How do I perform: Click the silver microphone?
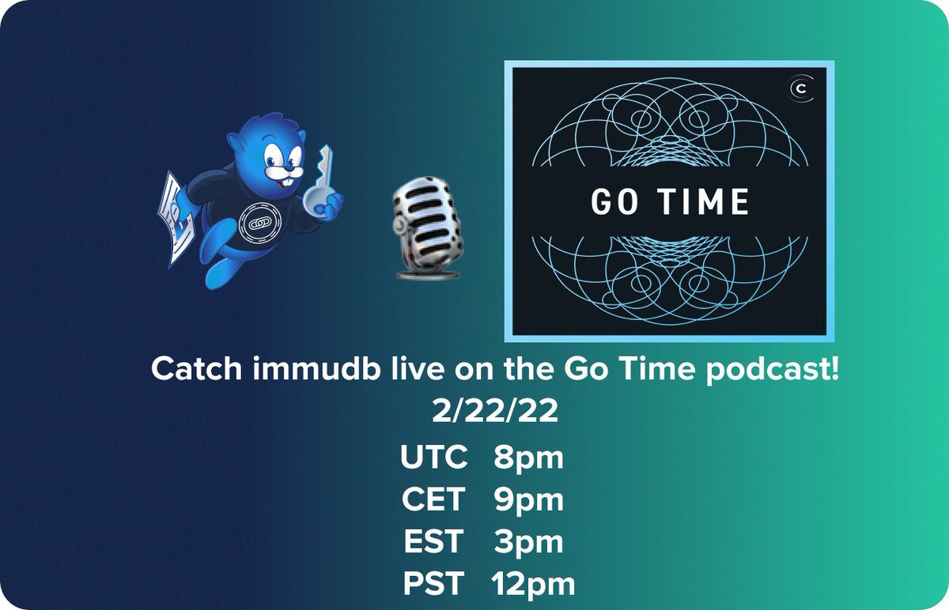pyautogui.click(x=427, y=228)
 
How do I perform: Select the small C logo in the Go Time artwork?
pyautogui.click(x=800, y=89)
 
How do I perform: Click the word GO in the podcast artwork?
pyautogui.click(x=614, y=201)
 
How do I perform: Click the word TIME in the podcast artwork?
pyautogui.click(x=703, y=201)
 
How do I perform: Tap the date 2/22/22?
pyautogui.click(x=495, y=411)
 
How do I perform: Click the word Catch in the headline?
pyautogui.click(x=197, y=368)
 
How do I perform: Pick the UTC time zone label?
pyautogui.click(x=434, y=457)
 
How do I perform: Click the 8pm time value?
pyautogui.click(x=529, y=459)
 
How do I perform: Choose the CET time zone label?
pyautogui.click(x=433, y=499)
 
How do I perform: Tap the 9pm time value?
pyautogui.click(x=529, y=501)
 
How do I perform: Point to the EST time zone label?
pyautogui.click(x=433, y=541)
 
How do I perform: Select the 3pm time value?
pyautogui.click(x=529, y=544)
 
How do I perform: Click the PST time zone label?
pyautogui.click(x=433, y=584)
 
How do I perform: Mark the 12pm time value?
pyautogui.click(x=533, y=586)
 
